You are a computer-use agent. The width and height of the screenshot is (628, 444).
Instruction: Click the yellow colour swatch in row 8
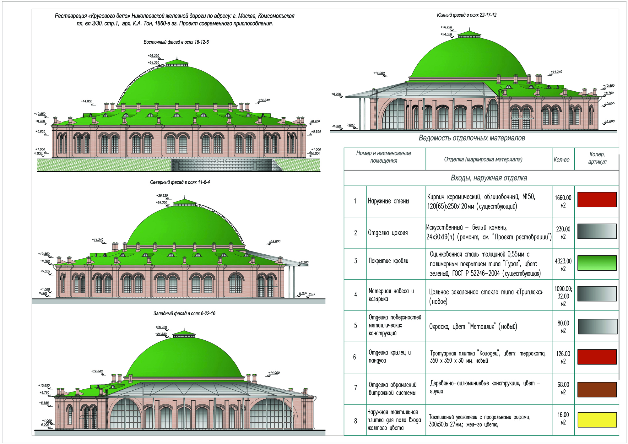click(597, 420)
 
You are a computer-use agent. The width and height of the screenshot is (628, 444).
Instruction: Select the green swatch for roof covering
click(597, 263)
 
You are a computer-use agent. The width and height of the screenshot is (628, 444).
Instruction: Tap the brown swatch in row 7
click(597, 389)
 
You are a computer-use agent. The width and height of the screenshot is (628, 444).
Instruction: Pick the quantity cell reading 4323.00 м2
click(563, 265)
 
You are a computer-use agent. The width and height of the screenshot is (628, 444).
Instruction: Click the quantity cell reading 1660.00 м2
click(563, 202)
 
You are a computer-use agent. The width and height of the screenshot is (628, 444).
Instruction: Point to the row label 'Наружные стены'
click(388, 201)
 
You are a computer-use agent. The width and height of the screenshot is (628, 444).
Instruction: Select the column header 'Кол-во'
click(561, 160)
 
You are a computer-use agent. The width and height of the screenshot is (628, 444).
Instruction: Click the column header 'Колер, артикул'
click(597, 158)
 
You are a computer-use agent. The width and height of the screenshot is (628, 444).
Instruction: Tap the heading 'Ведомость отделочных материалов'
click(472, 138)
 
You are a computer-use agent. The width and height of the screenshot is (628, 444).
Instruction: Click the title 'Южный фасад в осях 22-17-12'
click(467, 15)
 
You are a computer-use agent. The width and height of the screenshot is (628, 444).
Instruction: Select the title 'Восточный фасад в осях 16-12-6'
click(176, 42)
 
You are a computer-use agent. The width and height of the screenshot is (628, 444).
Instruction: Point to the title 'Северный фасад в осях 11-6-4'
click(180, 182)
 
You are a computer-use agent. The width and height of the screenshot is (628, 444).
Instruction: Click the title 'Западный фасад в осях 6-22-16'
click(184, 313)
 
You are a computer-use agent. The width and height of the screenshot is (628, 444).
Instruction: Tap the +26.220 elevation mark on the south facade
click(446, 27)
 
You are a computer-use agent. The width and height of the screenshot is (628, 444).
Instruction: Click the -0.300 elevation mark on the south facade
click(336, 126)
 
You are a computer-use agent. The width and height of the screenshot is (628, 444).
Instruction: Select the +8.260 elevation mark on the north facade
click(304, 262)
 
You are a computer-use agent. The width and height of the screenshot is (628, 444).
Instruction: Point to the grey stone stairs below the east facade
click(222, 165)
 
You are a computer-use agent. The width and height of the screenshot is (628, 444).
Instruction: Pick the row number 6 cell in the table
click(355, 357)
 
